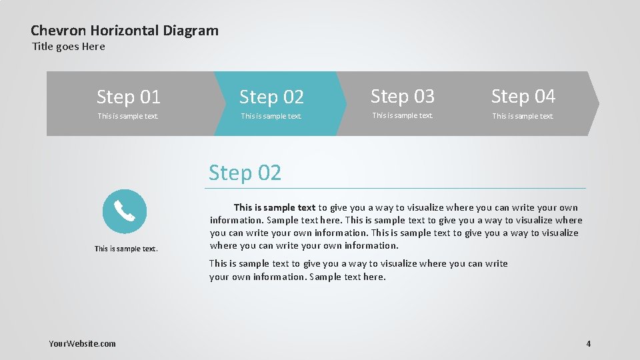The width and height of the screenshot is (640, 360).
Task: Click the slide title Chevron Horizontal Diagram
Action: (x=125, y=30)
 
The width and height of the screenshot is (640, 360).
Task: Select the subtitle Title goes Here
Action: (x=69, y=46)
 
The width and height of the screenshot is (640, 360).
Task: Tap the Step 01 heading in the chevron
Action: (x=129, y=97)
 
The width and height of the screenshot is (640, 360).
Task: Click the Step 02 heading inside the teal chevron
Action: (x=271, y=97)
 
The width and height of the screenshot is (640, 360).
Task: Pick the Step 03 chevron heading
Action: (x=402, y=97)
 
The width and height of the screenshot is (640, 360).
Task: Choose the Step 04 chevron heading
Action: (x=523, y=97)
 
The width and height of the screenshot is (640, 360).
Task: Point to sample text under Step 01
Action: (x=128, y=116)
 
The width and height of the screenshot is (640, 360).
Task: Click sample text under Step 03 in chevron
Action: (x=402, y=115)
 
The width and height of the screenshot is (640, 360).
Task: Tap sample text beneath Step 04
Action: (x=523, y=116)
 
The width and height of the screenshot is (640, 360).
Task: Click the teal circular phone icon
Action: (x=125, y=211)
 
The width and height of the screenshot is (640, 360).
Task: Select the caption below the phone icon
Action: (x=126, y=249)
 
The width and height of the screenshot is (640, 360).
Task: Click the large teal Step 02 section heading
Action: (x=245, y=173)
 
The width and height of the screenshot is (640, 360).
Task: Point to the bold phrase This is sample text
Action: (x=274, y=207)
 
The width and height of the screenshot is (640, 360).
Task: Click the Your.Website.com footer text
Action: (x=82, y=343)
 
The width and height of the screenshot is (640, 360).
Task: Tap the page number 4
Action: (x=588, y=343)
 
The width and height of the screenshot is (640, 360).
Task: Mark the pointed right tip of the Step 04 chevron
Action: (x=597, y=103)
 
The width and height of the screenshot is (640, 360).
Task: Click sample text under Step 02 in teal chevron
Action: (x=271, y=116)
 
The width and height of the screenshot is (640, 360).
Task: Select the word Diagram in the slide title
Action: (x=191, y=30)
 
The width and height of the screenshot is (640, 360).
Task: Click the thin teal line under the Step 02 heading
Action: (x=397, y=189)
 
